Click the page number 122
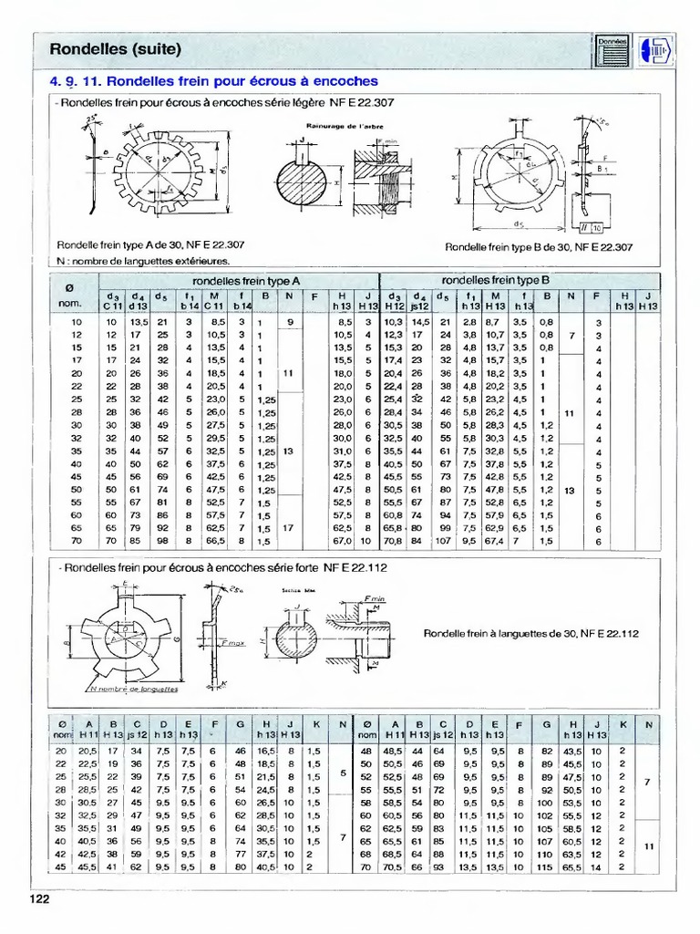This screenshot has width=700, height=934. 37,899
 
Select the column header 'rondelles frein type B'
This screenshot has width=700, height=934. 495,280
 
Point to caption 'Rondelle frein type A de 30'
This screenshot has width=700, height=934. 150,244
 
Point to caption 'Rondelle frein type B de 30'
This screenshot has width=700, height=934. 539,246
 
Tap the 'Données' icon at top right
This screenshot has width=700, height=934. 612,49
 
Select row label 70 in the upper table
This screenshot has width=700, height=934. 76,541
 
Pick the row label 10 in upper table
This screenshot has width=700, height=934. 76,322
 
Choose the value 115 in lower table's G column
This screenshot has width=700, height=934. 546,867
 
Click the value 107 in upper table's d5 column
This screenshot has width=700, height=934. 444,541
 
